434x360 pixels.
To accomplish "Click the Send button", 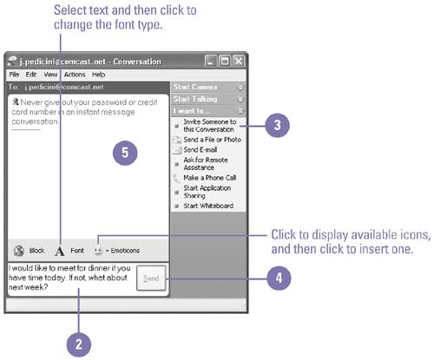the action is click(x=151, y=278).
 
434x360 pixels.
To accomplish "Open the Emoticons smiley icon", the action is click(x=98, y=251).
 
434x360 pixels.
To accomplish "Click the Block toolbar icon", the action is click(x=19, y=251).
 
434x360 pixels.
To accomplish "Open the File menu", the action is click(x=14, y=75).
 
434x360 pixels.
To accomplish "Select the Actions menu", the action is click(x=75, y=75).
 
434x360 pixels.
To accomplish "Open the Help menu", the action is click(x=98, y=75).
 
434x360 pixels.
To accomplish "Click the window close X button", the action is click(x=239, y=62).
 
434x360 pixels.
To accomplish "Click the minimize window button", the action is click(x=210, y=62).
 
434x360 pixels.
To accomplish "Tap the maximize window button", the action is click(x=225, y=62).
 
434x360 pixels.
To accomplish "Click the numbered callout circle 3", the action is click(x=277, y=125).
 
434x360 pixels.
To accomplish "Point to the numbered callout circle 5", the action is click(x=125, y=153).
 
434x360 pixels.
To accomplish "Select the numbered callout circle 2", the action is click(x=79, y=344).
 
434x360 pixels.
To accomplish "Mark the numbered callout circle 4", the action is click(x=279, y=278).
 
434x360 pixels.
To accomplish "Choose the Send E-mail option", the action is click(x=200, y=150).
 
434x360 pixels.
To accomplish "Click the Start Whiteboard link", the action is click(x=208, y=206).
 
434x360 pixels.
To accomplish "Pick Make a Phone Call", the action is click(x=210, y=178).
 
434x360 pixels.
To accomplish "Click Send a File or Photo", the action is click(x=212, y=140).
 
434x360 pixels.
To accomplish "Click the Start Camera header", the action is click(x=208, y=87).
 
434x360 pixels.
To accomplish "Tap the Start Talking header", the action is click(x=208, y=99).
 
